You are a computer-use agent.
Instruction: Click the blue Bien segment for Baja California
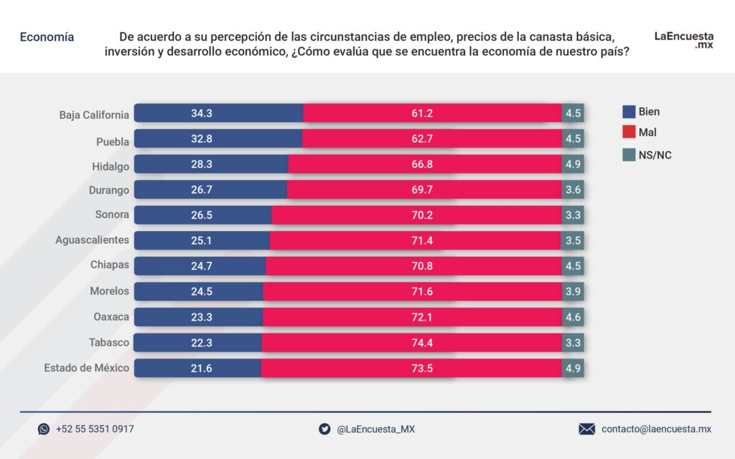218,113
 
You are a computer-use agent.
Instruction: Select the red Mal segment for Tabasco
411,343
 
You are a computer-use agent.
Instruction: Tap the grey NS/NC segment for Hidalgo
573,165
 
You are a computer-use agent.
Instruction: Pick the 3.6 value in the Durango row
573,191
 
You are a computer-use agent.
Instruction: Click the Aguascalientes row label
93,240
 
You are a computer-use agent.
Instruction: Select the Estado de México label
87,368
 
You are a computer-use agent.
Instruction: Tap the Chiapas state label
110,265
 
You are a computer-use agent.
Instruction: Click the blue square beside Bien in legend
629,112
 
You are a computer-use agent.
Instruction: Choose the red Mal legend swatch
629,133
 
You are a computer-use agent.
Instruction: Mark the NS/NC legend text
655,155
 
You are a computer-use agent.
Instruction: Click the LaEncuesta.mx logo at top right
683,40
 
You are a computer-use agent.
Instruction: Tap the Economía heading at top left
47,37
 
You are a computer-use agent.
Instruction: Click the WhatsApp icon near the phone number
44,429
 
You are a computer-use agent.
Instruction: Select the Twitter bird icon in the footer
324,429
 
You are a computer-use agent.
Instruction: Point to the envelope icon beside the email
587,429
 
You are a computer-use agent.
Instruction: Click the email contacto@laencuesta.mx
656,429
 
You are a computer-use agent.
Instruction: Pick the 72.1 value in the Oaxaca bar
422,317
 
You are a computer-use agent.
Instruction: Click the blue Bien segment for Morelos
199,291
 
